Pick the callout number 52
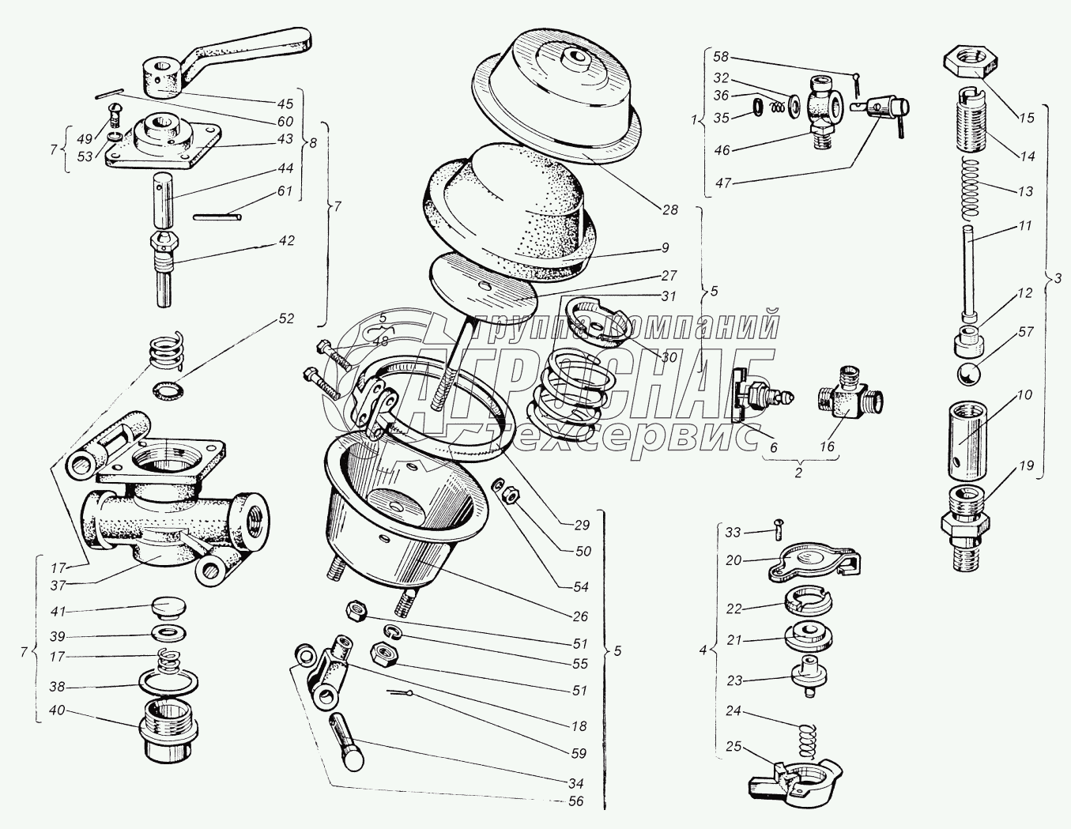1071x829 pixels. [x=285, y=319]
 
